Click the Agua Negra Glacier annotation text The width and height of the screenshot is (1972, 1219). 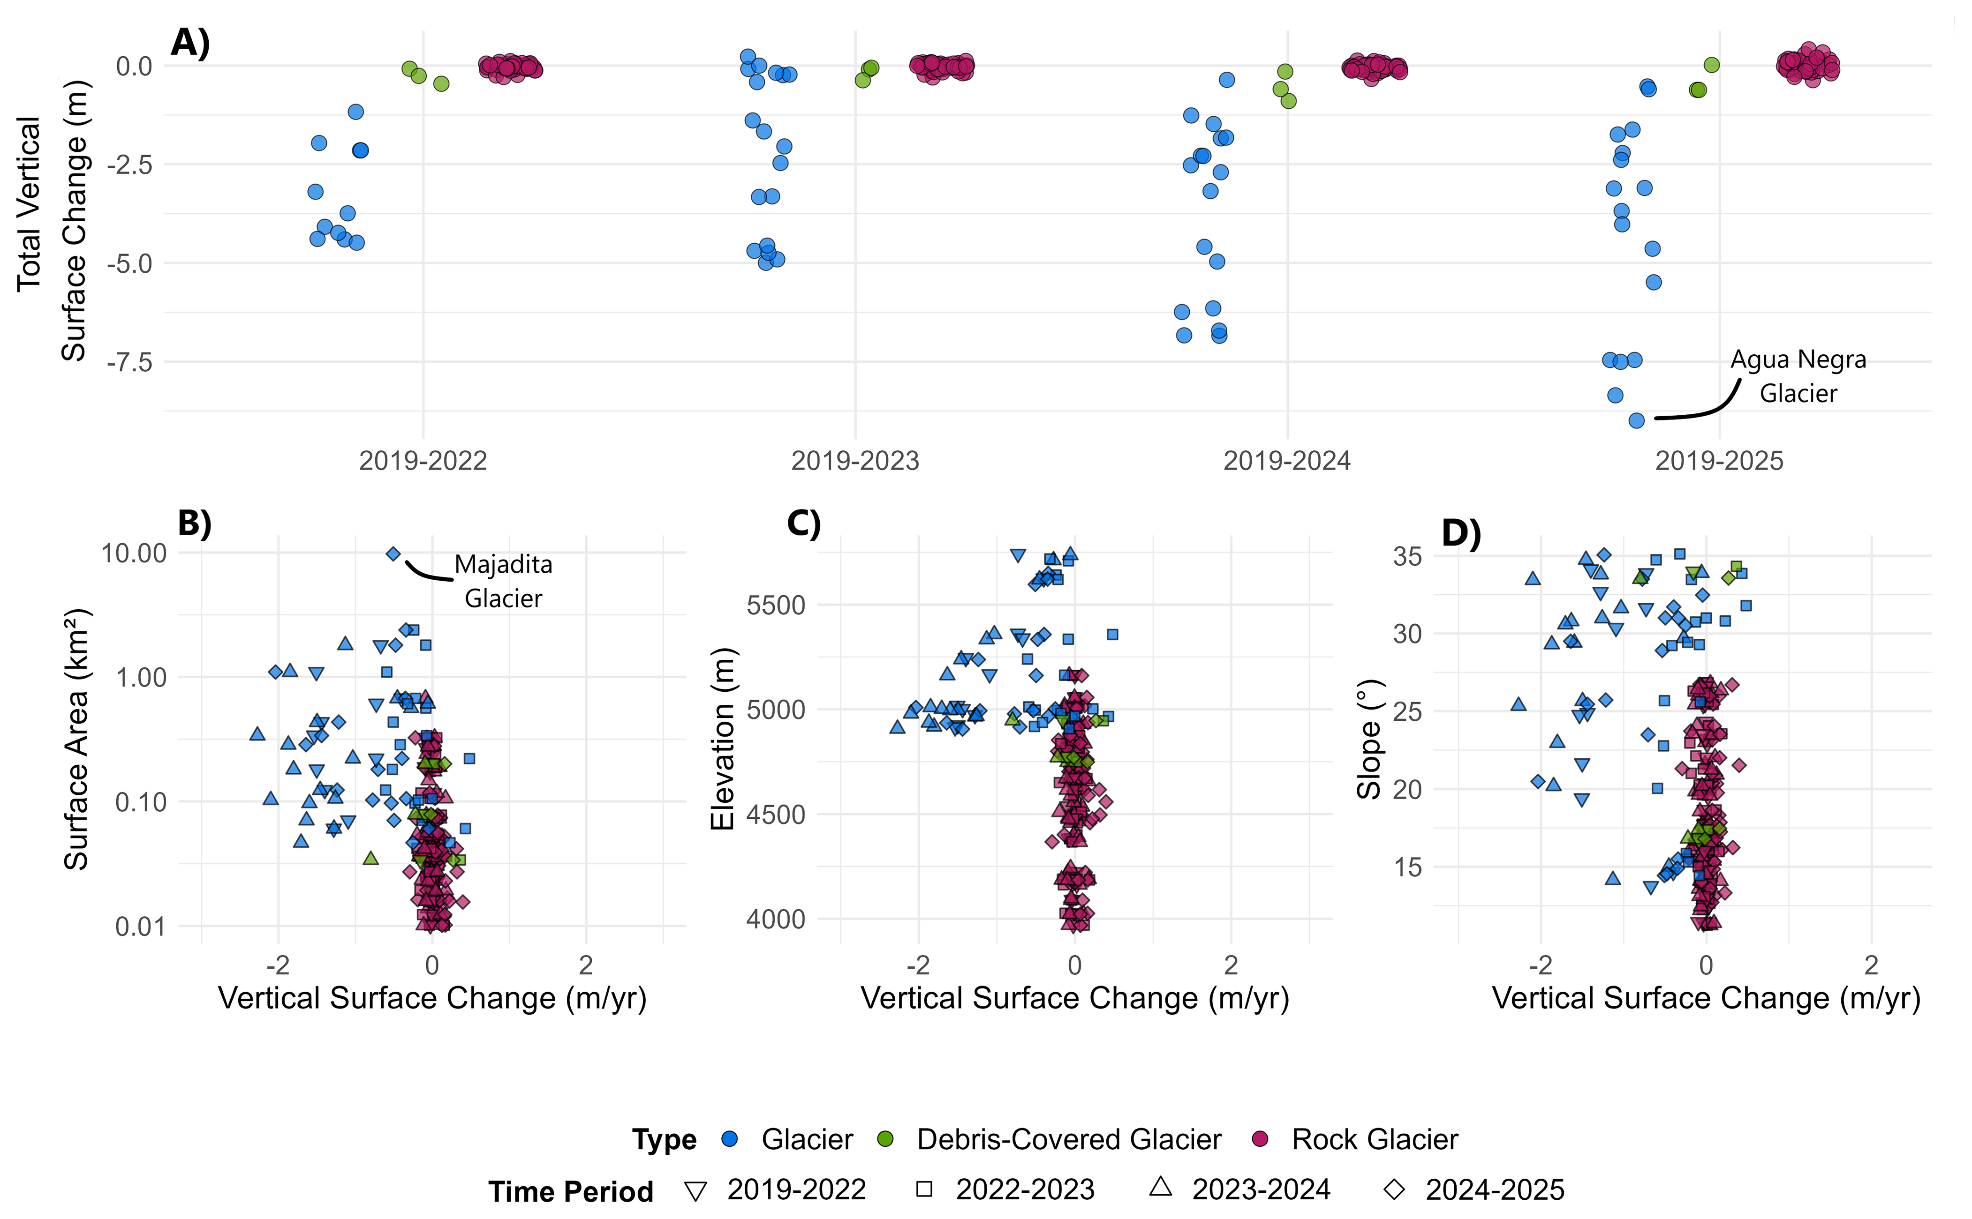pyautogui.click(x=1798, y=376)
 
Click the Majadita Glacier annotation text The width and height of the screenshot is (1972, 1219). pyautogui.click(x=503, y=581)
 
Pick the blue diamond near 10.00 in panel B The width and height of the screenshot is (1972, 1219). pyautogui.click(x=393, y=554)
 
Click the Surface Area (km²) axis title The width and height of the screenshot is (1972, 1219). pyautogui.click(x=76, y=739)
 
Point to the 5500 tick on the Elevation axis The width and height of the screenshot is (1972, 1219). pyautogui.click(x=775, y=606)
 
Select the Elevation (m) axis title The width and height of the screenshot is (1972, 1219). pyautogui.click(x=723, y=739)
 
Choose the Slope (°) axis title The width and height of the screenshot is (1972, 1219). pyautogui.click(x=1369, y=739)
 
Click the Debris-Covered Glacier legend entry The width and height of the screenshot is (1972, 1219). pyautogui.click(x=1069, y=1140)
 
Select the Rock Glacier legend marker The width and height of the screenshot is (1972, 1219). pyautogui.click(x=1259, y=1139)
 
